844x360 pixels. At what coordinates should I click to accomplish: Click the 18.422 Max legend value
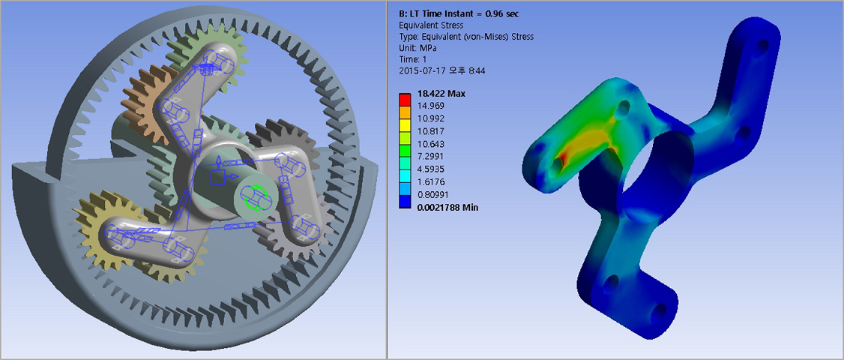[441, 94]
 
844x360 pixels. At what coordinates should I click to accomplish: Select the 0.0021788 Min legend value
[447, 208]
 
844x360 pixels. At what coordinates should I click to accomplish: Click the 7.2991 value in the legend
[430, 157]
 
